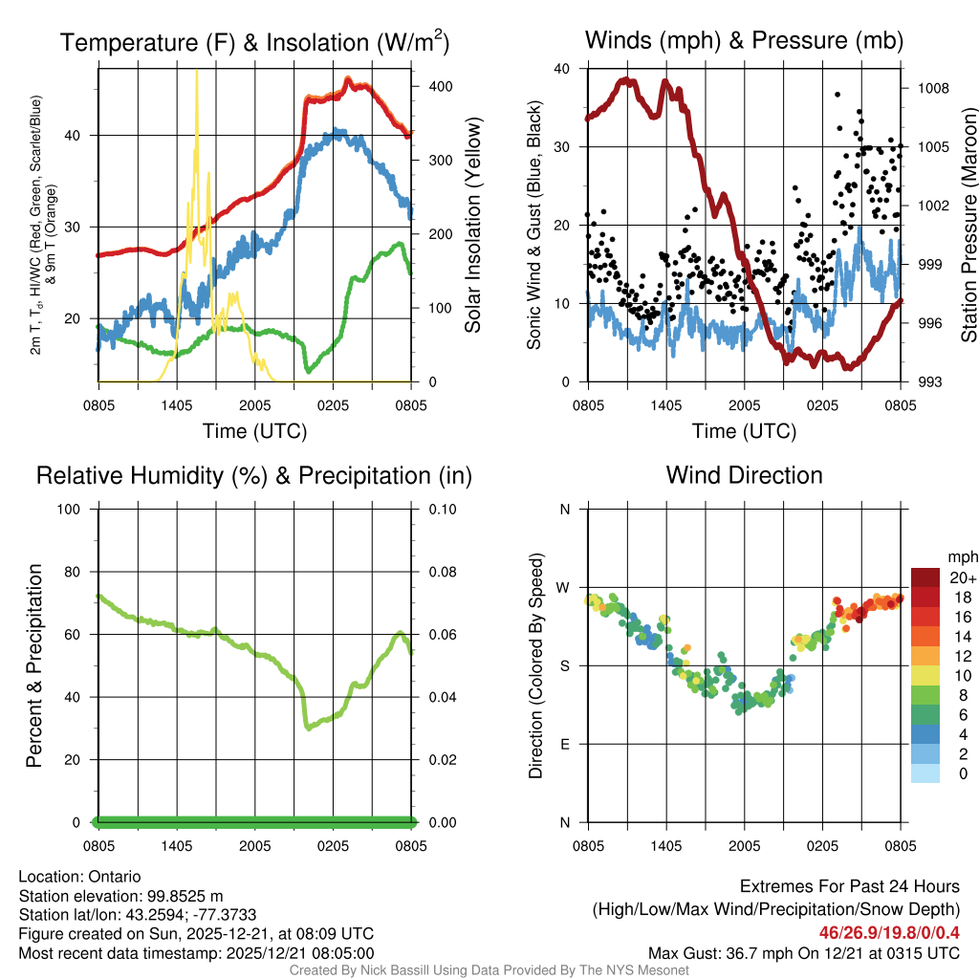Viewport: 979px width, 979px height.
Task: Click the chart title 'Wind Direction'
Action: [744, 475]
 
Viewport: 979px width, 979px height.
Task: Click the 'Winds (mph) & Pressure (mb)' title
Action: [744, 40]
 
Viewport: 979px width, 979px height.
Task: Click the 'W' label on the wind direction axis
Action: [565, 587]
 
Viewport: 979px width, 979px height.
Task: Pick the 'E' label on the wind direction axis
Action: [565, 744]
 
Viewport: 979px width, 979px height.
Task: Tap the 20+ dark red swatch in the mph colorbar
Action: [925, 577]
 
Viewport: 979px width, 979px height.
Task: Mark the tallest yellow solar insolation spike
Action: [197, 73]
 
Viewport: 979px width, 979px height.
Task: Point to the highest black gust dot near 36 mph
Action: [838, 95]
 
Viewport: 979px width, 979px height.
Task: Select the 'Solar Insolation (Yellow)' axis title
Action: [472, 226]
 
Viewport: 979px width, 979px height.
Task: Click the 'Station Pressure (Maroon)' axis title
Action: [968, 226]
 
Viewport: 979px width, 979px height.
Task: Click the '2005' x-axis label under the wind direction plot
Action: [744, 846]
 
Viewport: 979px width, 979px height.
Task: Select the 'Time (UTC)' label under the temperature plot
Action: [254, 431]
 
